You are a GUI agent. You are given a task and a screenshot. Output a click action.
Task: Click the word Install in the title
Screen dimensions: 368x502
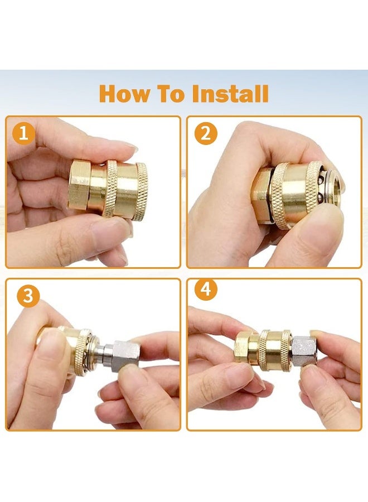(x=230, y=94)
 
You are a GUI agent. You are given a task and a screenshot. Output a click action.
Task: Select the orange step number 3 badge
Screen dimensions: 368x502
(x=28, y=296)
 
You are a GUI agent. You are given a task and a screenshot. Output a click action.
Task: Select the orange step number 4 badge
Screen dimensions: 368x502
(x=206, y=289)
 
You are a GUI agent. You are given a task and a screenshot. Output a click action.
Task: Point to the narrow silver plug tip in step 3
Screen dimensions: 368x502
(x=103, y=353)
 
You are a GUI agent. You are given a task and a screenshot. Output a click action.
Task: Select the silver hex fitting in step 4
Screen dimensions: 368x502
(x=304, y=351)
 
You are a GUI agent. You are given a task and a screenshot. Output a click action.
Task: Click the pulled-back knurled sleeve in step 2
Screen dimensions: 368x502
(x=282, y=196)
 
